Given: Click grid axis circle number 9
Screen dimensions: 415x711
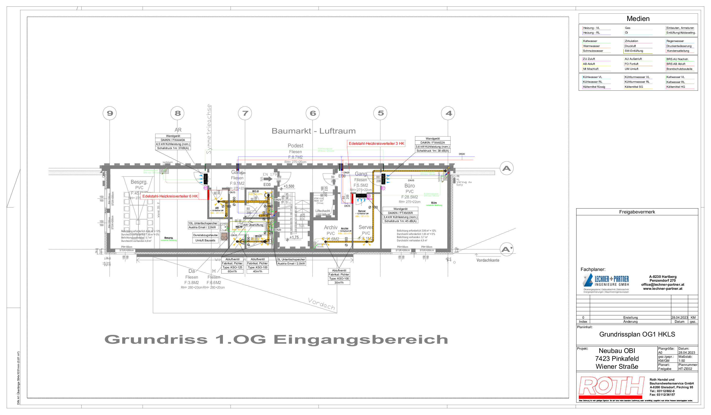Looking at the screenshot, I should click(x=110, y=113).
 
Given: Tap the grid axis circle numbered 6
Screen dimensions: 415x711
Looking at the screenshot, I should click(x=313, y=113).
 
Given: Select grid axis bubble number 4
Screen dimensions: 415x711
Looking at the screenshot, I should click(x=448, y=113).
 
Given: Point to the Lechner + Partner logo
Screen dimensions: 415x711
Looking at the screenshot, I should click(x=606, y=283).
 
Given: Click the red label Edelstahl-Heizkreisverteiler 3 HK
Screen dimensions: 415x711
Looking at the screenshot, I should click(x=376, y=144).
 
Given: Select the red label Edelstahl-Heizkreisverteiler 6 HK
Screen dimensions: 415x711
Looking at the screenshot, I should click(x=170, y=196).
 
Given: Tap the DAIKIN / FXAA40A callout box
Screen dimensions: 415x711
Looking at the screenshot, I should click(x=173, y=142).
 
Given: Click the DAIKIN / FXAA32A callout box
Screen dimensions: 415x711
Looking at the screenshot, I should click(x=432, y=145).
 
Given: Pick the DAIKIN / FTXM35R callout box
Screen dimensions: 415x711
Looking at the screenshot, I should click(x=400, y=215).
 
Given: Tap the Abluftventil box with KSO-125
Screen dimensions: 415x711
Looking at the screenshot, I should click(x=232, y=265).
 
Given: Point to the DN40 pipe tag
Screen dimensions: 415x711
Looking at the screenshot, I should click(x=462, y=154).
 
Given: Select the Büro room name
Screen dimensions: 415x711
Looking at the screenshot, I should click(x=409, y=186).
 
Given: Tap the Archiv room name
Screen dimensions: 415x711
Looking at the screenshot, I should click(x=331, y=228).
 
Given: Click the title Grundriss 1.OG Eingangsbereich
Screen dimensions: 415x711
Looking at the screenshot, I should click(x=276, y=339).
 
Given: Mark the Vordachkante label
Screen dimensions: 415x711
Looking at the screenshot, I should click(x=488, y=260).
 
